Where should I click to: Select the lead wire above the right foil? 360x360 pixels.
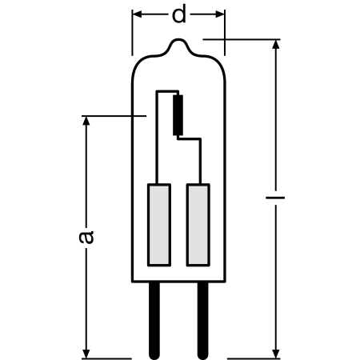(x=197, y=164)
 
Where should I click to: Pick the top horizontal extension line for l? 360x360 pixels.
(x=240, y=38)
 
